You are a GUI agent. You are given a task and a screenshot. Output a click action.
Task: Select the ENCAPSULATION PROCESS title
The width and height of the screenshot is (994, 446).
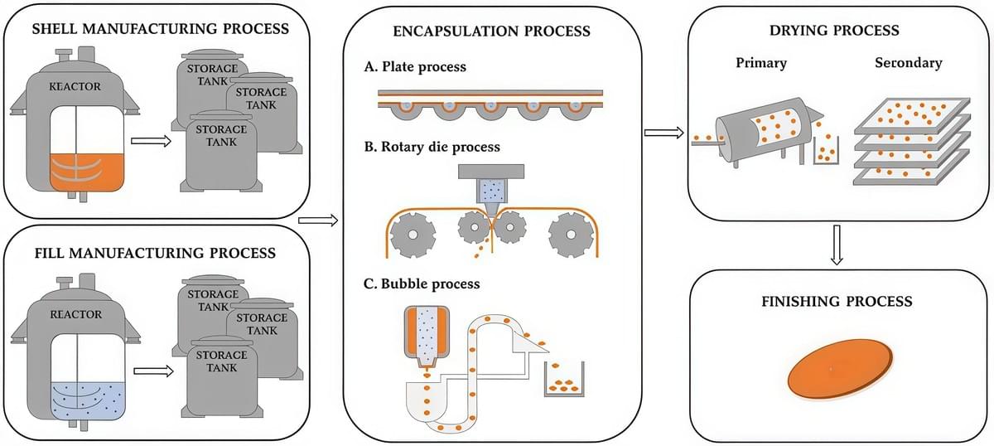[x=492, y=32]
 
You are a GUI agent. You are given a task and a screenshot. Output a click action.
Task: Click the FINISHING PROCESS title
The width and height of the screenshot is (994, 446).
[x=837, y=302]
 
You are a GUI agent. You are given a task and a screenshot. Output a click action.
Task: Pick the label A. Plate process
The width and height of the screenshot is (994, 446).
[x=414, y=67]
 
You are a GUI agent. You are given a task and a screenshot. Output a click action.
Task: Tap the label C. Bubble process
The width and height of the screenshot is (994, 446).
[x=422, y=284]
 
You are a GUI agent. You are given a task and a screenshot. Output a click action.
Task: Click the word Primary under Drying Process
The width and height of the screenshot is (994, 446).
[x=760, y=63]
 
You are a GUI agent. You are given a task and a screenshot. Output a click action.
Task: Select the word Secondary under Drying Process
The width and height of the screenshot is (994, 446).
[x=908, y=63]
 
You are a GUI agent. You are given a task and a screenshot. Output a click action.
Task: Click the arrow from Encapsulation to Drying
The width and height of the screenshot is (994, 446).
[x=663, y=133]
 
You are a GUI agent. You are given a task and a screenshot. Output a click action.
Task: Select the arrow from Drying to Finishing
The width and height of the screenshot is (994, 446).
[x=837, y=246]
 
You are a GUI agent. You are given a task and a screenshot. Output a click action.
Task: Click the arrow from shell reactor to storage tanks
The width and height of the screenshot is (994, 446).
[x=151, y=141]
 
